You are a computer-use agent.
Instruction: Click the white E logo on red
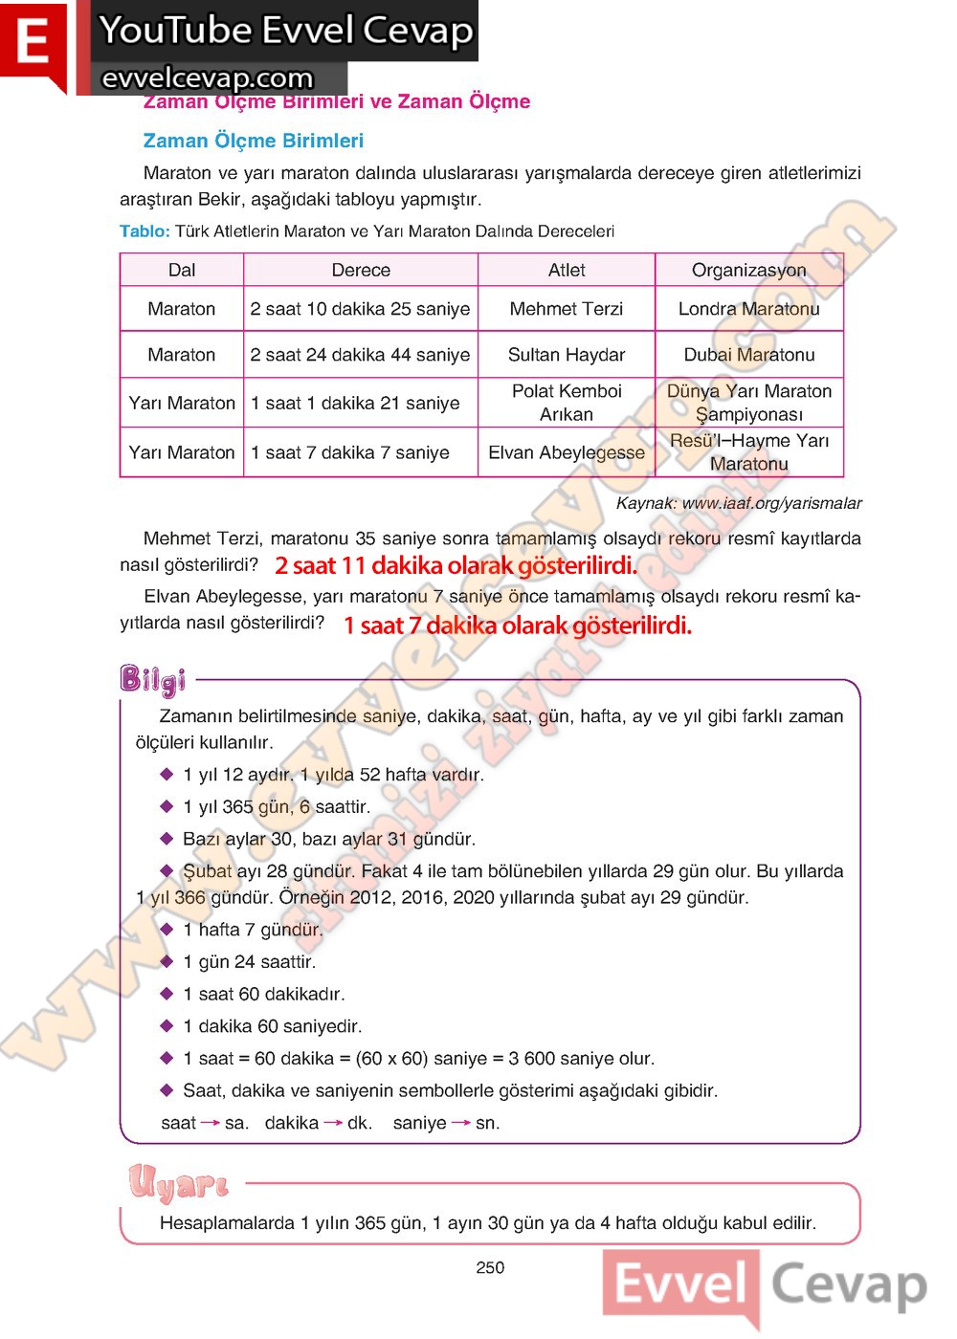[x=33, y=43]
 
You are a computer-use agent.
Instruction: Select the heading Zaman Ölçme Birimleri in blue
[x=253, y=141]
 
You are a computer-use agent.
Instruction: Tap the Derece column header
[x=361, y=270]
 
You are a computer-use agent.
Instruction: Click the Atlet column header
[x=567, y=270]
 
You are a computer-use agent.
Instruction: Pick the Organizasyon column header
[x=748, y=270]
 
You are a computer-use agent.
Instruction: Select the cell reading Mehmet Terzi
[x=567, y=309]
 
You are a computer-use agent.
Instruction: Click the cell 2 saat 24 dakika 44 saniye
[x=360, y=355]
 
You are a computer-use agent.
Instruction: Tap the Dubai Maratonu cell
[x=748, y=355]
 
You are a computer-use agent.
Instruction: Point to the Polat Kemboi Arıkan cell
[x=567, y=403]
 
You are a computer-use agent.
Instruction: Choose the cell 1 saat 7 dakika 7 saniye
[x=350, y=452]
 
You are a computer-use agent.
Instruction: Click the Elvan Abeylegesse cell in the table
[x=567, y=452]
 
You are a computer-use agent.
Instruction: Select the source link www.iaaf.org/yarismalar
[x=771, y=503]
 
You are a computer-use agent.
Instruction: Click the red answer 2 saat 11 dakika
[x=456, y=565]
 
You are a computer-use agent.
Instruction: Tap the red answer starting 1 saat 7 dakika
[x=517, y=626]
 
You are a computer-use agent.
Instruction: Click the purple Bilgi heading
[x=152, y=679]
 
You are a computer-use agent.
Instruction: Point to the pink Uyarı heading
[x=179, y=1184]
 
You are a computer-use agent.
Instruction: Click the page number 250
[x=490, y=1267]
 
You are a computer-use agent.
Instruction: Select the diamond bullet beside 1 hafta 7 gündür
[x=167, y=929]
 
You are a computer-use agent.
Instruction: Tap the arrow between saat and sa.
[x=211, y=1123]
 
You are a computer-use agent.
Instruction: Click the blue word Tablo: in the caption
[x=145, y=230]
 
